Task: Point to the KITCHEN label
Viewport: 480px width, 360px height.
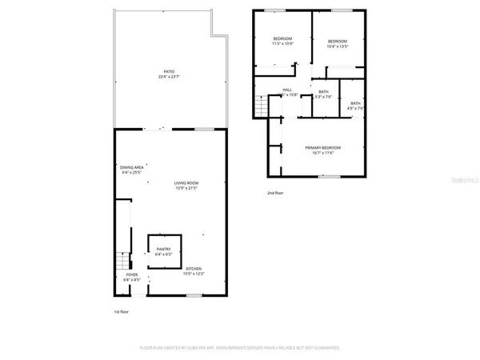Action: [194, 269]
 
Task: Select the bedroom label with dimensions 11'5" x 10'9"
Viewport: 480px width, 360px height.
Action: [282, 39]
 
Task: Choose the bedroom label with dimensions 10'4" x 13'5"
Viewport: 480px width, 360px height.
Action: [337, 41]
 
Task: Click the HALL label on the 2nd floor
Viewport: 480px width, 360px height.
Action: [286, 90]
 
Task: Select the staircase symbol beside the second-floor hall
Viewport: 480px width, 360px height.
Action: [259, 104]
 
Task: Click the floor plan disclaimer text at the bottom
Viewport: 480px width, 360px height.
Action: [240, 348]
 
